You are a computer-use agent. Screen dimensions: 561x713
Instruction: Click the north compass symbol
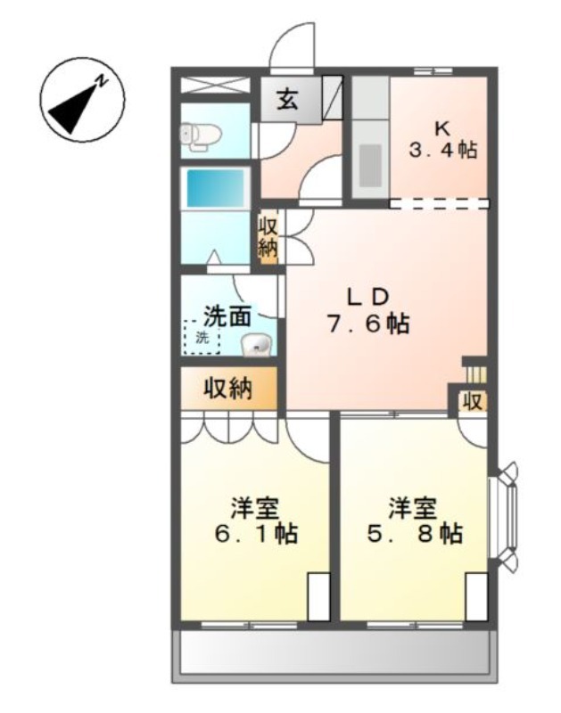82,100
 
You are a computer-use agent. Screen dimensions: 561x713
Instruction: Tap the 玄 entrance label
288,99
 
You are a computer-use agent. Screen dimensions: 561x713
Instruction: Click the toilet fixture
200,135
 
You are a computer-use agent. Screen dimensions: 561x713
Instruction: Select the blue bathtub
215,189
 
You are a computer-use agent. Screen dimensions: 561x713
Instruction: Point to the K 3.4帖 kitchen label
442,140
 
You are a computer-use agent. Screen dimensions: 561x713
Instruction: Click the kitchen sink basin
370,165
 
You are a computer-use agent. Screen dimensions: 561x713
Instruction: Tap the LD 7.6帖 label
368,310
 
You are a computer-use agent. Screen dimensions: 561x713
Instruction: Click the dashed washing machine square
202,337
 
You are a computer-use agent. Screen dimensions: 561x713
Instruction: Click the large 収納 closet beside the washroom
229,389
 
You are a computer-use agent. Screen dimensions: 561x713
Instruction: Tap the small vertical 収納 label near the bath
268,237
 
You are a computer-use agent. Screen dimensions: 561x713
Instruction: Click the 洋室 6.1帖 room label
256,520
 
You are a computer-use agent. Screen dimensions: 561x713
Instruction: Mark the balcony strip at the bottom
334,656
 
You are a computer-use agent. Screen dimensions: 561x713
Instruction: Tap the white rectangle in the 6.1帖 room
318,597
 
